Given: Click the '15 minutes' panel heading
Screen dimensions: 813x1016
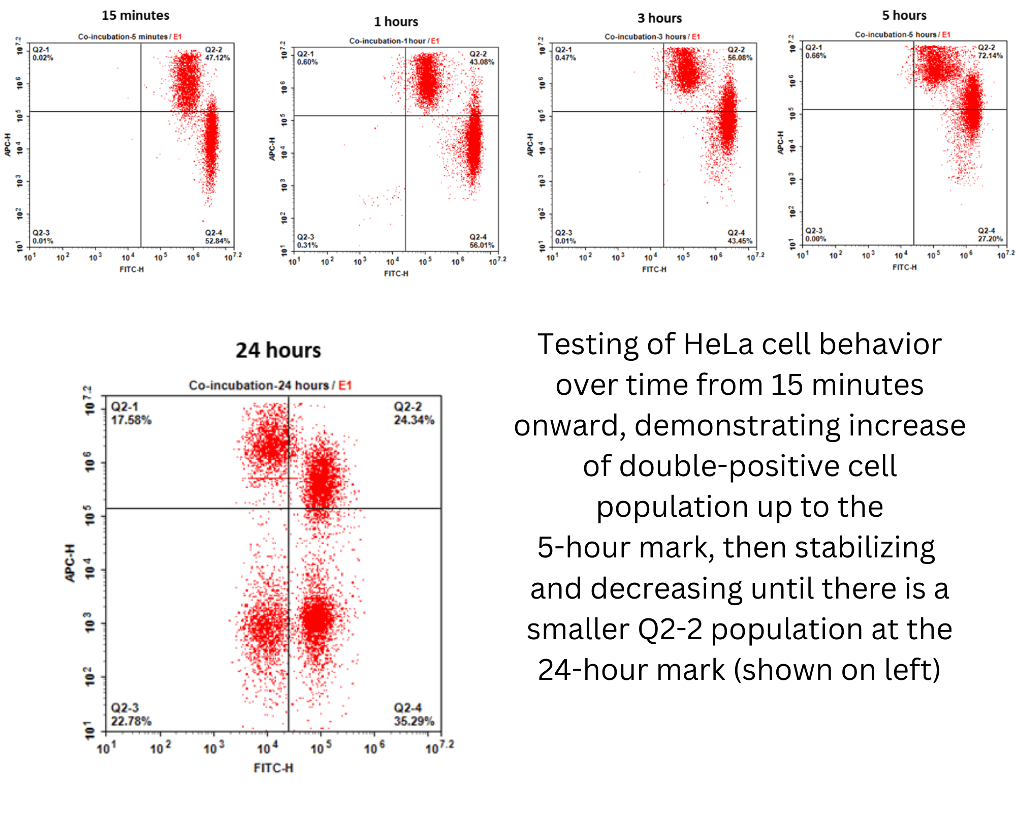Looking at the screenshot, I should pyautogui.click(x=135, y=15).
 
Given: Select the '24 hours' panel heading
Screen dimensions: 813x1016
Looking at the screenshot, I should pyautogui.click(x=278, y=350).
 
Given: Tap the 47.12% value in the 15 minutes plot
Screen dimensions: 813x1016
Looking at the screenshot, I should pyautogui.click(x=217, y=58).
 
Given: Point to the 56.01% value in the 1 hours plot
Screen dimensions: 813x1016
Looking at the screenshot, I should pyautogui.click(x=482, y=245).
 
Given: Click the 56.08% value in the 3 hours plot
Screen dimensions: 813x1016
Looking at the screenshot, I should pyautogui.click(x=740, y=58).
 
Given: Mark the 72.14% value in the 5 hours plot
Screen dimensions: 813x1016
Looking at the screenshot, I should pyautogui.click(x=990, y=56).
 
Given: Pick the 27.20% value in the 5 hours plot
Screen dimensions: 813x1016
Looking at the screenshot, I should pyautogui.click(x=990, y=239).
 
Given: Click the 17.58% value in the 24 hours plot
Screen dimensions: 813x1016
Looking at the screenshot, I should pyautogui.click(x=131, y=420).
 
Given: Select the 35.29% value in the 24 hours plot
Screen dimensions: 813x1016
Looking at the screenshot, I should pyautogui.click(x=414, y=722).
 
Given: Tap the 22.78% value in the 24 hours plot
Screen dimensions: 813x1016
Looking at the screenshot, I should pyautogui.click(x=131, y=722).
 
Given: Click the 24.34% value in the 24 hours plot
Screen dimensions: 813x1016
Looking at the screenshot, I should pyautogui.click(x=414, y=420).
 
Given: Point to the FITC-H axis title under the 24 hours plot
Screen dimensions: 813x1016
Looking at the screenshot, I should pyautogui.click(x=273, y=768).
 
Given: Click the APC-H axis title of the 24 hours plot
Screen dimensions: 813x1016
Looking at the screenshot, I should pyautogui.click(x=70, y=563).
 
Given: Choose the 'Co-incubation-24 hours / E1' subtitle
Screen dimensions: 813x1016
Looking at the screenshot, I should pyautogui.click(x=270, y=386).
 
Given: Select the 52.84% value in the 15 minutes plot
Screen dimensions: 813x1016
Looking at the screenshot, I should pyautogui.click(x=217, y=241).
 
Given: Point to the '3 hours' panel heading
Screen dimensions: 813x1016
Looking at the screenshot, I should pyautogui.click(x=659, y=18).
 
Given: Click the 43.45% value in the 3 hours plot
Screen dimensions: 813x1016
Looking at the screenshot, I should pyautogui.click(x=740, y=241).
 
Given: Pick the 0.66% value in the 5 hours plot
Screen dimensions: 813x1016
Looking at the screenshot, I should pyautogui.click(x=815, y=56).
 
